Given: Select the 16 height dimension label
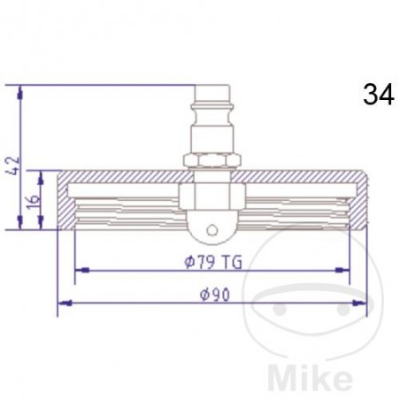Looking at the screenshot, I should tap(35, 201).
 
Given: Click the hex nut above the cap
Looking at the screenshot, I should tap(212, 159).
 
